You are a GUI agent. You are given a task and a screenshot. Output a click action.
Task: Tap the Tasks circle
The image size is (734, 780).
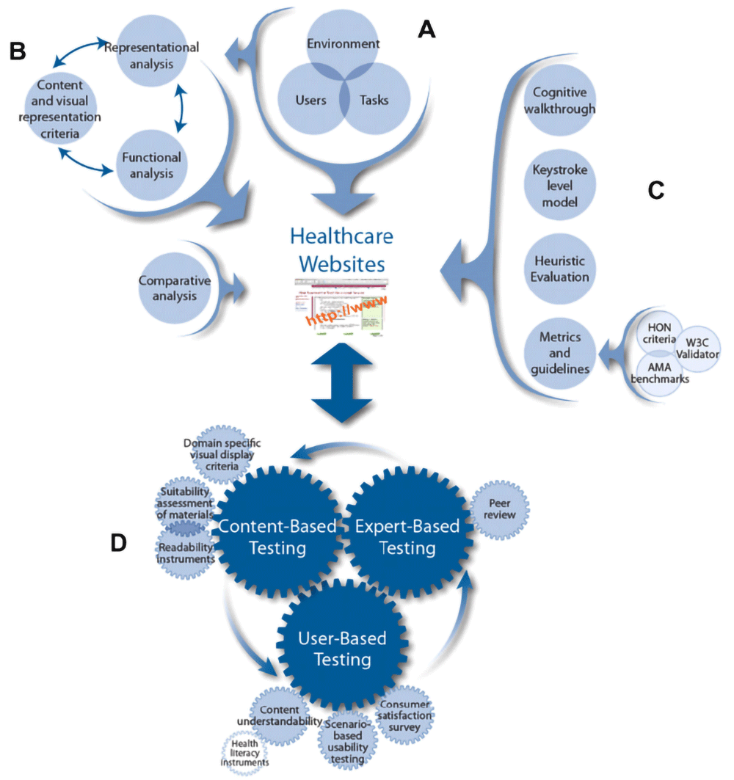pos(374,101)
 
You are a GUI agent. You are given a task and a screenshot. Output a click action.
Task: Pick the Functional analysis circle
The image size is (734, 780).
pos(151,165)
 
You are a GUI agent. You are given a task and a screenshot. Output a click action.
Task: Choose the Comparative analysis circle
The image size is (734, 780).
pos(175,288)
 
